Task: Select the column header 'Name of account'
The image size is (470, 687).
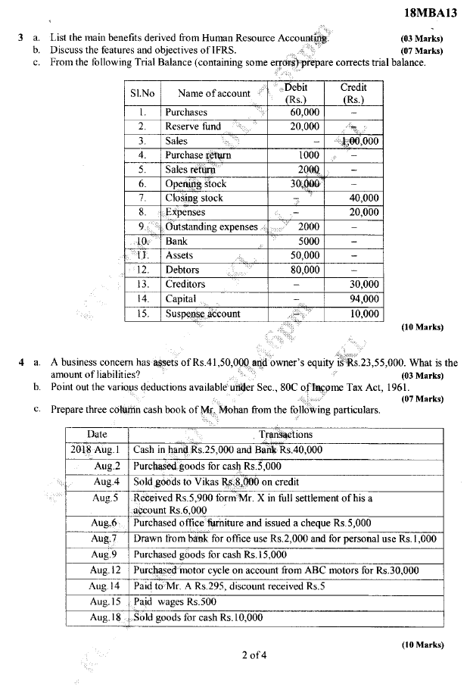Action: (213, 93)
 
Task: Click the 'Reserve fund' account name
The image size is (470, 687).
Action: (193, 126)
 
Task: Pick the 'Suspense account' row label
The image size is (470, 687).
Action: (202, 313)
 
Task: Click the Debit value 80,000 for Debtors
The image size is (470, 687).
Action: (305, 270)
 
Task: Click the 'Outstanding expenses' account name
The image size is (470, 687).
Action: (211, 226)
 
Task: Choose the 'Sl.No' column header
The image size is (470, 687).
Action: (142, 93)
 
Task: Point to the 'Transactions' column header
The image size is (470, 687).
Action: (285, 435)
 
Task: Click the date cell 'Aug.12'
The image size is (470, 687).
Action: (105, 570)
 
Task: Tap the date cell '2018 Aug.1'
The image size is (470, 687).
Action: (96, 450)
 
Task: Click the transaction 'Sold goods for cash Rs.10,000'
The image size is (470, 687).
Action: (198, 617)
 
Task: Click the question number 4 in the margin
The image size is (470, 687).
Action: (21, 364)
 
